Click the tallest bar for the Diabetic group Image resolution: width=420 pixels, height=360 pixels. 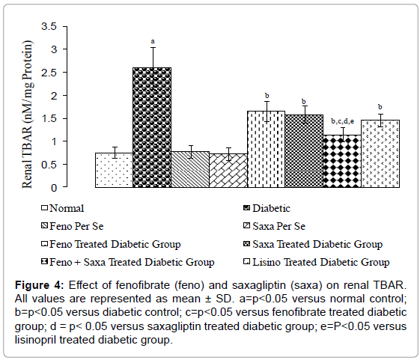(152, 127)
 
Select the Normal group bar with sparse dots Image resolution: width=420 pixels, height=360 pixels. (114, 170)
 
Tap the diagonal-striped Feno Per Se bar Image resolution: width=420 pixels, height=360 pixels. (190, 169)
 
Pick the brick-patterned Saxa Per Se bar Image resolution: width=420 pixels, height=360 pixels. (228, 171)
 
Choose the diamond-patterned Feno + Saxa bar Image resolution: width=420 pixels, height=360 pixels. (342, 161)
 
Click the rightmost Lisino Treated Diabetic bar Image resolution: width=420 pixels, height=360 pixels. (380, 153)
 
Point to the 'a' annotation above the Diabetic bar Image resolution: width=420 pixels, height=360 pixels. (153, 41)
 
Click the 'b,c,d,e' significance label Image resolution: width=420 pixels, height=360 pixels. (343, 121)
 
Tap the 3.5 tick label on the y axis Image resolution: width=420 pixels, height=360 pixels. (49, 26)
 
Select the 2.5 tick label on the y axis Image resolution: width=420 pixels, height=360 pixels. (49, 73)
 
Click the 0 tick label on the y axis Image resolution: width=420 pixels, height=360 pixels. (54, 188)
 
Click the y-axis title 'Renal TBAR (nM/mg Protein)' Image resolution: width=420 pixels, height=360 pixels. (27, 115)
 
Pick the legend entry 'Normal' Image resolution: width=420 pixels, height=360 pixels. (67, 208)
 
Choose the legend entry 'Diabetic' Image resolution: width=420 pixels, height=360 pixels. (271, 208)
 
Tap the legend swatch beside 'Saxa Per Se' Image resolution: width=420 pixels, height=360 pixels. (246, 226)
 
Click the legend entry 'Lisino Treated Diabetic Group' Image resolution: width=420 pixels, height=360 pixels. (321, 262)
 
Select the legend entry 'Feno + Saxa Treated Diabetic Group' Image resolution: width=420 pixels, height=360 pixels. (132, 262)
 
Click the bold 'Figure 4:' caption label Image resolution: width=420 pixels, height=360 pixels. (40, 285)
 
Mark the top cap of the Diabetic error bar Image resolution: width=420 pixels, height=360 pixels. (153, 48)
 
